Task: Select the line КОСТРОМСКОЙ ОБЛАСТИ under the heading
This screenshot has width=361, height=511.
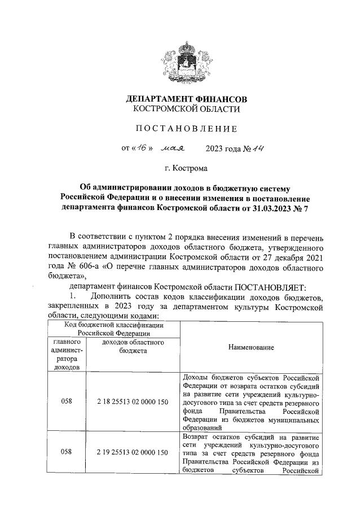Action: click(186, 110)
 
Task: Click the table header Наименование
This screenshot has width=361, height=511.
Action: click(252, 347)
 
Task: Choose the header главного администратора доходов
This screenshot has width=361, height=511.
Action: click(67, 354)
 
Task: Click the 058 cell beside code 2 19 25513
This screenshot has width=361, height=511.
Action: click(67, 452)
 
